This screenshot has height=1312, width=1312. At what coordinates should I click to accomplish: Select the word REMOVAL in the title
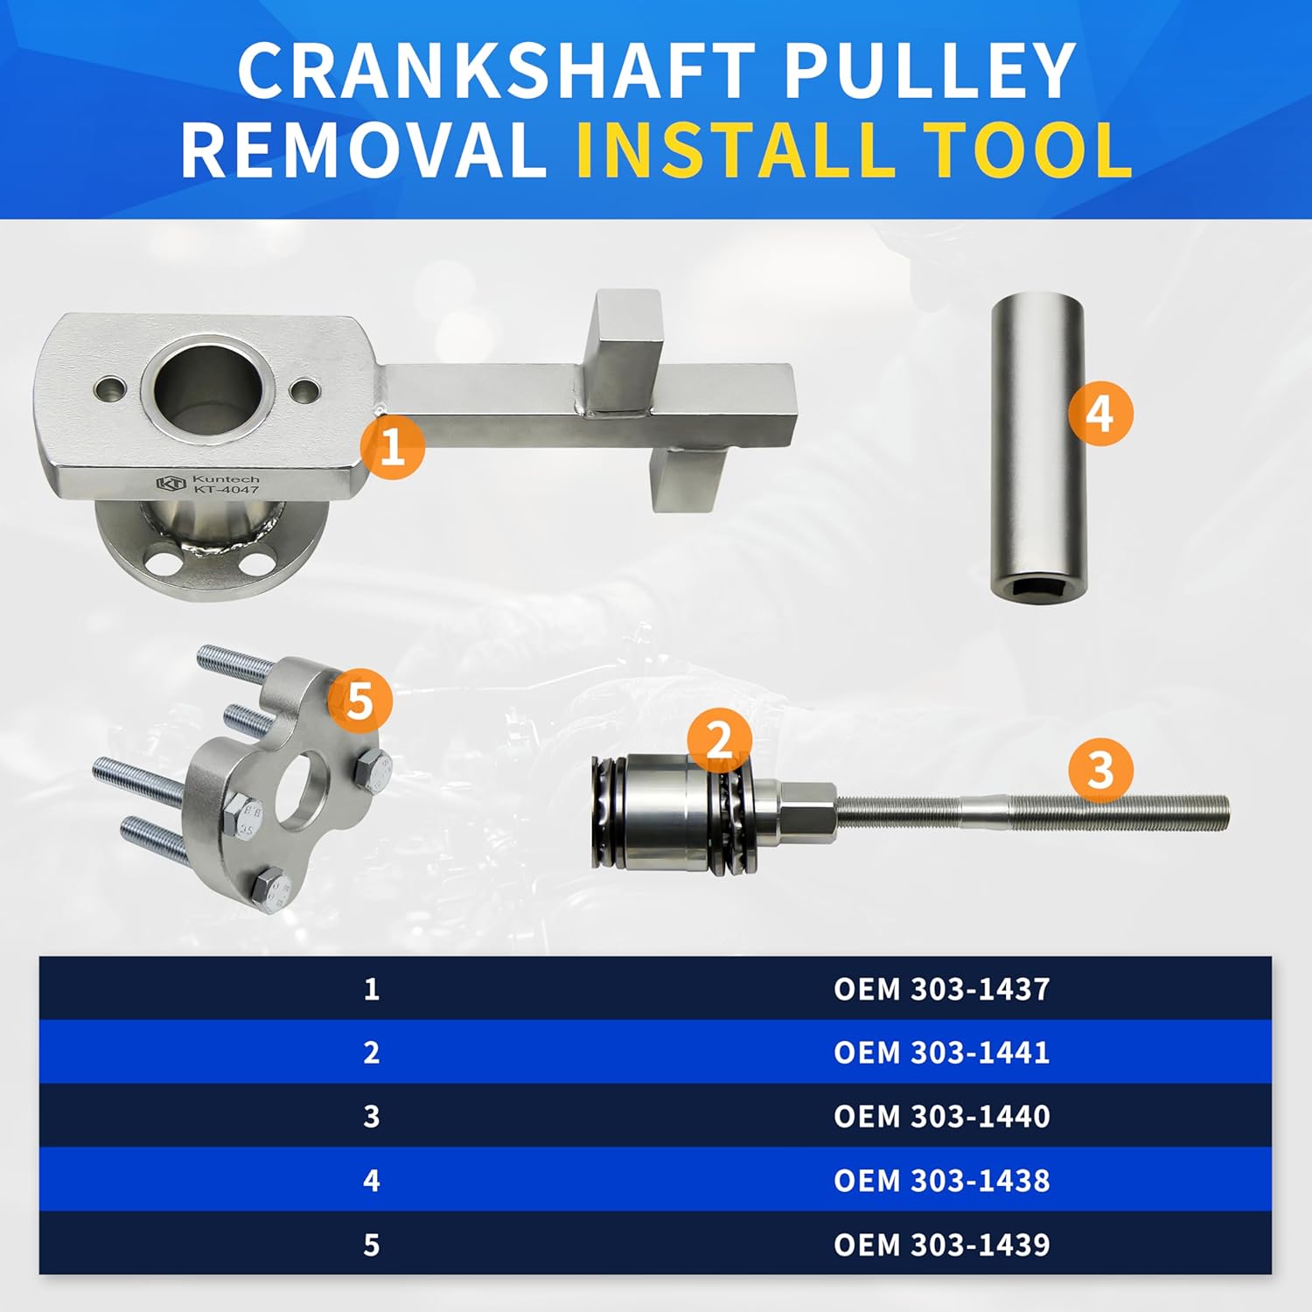click(x=364, y=150)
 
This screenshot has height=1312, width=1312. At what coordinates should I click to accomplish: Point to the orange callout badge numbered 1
click(x=393, y=447)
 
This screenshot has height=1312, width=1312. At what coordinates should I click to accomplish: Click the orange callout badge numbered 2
click(x=719, y=741)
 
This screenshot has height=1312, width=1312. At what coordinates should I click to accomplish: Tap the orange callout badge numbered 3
click(x=1100, y=770)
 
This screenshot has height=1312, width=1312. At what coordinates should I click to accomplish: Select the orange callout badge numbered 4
click(x=1100, y=414)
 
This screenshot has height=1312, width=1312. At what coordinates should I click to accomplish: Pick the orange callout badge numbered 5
click(x=359, y=701)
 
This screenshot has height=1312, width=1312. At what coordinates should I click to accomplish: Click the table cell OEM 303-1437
click(x=941, y=989)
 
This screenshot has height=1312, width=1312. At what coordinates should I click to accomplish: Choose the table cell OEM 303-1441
click(x=941, y=1052)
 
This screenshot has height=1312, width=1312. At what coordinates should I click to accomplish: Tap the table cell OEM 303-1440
click(x=941, y=1116)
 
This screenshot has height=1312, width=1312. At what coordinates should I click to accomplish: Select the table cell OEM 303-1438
click(x=941, y=1180)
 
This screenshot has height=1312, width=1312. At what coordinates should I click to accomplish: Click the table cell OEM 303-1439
click(x=941, y=1244)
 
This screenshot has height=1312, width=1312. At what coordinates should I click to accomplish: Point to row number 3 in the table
click(x=372, y=1116)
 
